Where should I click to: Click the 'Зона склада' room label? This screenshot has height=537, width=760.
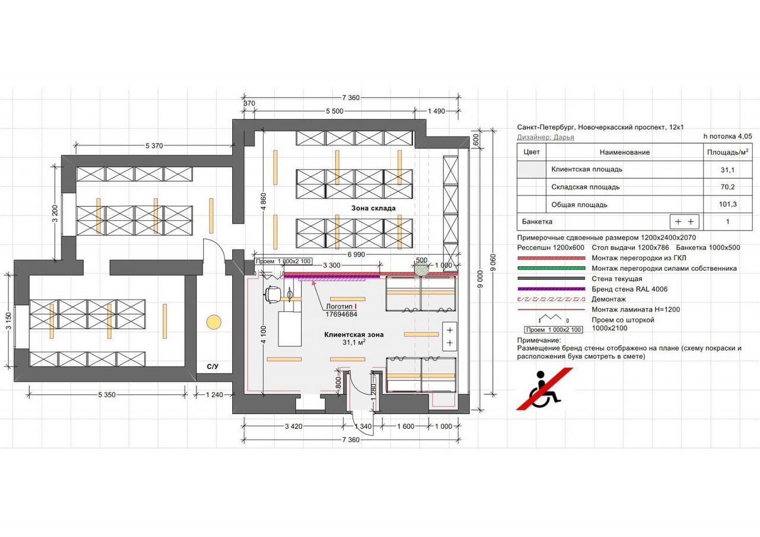point(373,208)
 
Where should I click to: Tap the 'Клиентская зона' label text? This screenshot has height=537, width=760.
point(354,334)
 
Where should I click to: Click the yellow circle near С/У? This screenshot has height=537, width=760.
point(213,323)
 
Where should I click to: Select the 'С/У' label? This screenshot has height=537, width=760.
point(213,367)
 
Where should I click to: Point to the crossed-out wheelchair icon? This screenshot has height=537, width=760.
point(545,389)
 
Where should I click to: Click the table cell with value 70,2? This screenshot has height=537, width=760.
point(727,187)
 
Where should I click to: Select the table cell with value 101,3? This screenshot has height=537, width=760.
point(727,205)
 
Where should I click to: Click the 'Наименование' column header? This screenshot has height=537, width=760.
point(624,152)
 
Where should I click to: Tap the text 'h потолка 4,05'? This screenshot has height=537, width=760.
point(727,136)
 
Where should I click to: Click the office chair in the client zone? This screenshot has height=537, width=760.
point(274,292)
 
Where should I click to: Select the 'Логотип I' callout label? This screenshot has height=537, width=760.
point(341,307)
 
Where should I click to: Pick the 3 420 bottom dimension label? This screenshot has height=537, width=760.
point(294,427)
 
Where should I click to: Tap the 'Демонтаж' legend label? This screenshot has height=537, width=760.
point(609,299)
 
